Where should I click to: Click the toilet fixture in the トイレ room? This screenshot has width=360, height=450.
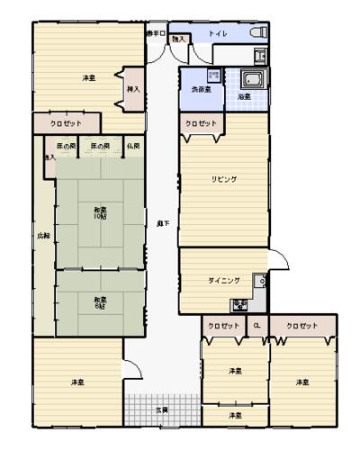[258, 33]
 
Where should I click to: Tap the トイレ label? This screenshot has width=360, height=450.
[218, 34]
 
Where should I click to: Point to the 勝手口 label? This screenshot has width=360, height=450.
[157, 33]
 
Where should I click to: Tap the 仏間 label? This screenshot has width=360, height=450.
[133, 146]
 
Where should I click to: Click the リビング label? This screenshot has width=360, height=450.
[224, 180]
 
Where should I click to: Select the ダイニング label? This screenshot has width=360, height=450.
[223, 281]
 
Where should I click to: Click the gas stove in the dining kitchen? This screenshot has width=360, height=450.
[239, 305]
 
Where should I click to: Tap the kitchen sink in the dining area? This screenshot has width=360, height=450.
[263, 281]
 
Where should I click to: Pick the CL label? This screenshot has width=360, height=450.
[256, 325]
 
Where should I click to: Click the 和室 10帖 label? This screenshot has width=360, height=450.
[100, 214]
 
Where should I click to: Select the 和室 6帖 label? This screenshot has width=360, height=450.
[100, 301]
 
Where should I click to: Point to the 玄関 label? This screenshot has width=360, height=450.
[162, 409]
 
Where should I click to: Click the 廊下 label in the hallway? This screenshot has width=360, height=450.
[162, 222]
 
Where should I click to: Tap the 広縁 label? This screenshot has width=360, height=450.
[43, 236]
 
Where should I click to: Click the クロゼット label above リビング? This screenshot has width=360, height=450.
[201, 123]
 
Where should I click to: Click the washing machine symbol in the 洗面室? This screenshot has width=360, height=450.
[213, 75]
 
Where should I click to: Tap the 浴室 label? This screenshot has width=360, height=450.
[244, 96]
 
